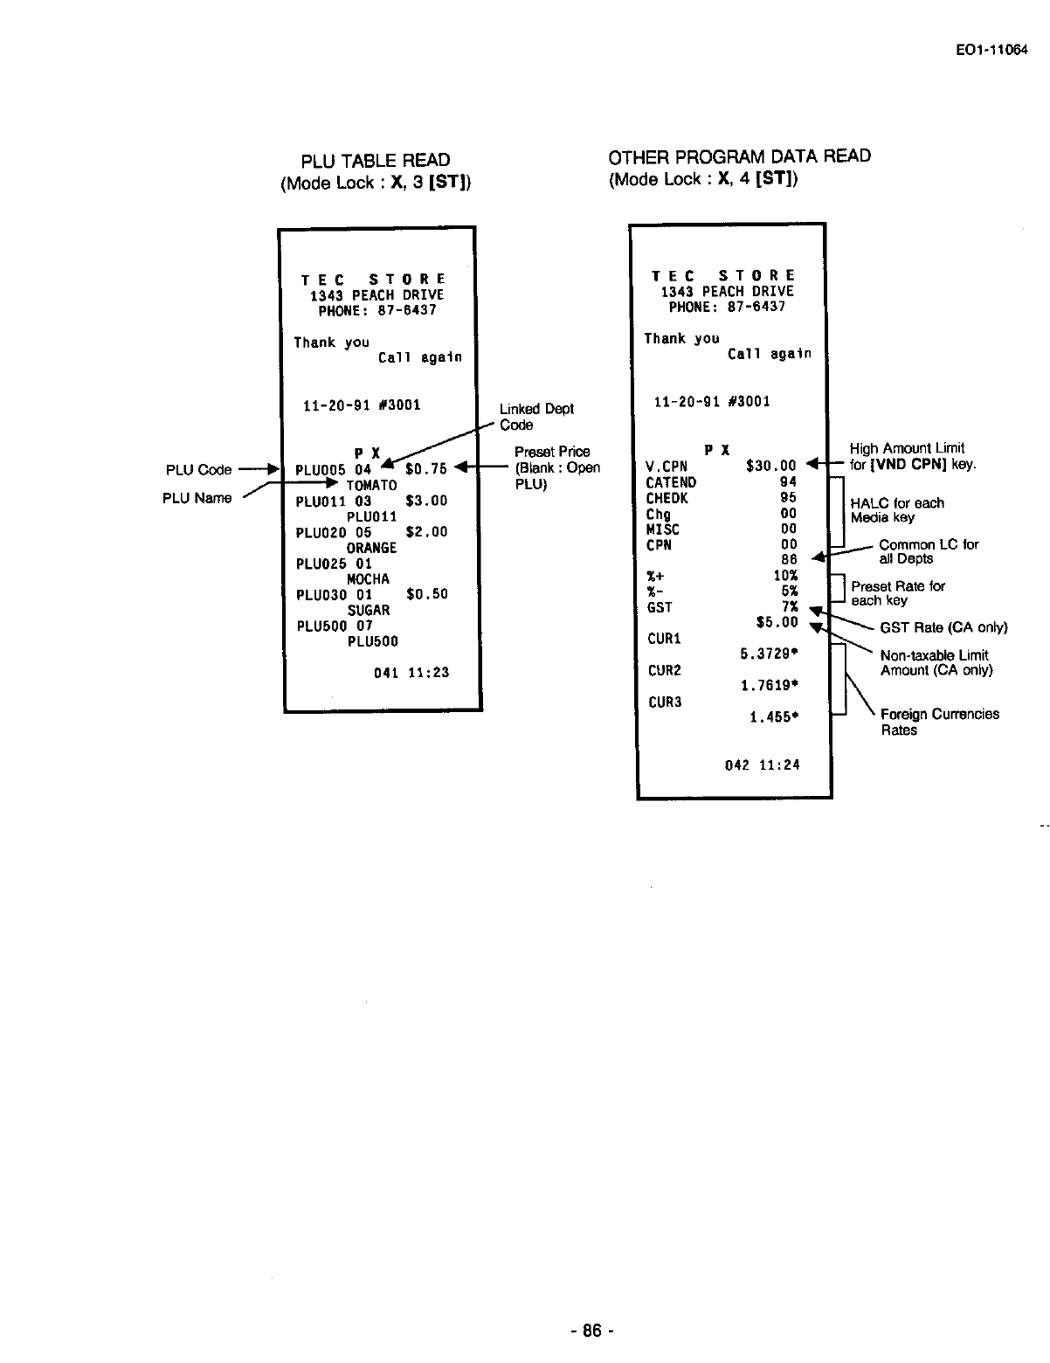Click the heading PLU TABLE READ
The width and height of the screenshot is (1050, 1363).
(x=376, y=161)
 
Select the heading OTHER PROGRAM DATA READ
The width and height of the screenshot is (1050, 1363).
(x=739, y=156)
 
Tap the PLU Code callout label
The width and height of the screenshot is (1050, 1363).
(x=198, y=470)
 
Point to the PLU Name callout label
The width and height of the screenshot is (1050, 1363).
(x=197, y=498)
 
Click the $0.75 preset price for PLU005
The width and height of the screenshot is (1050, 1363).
(x=425, y=469)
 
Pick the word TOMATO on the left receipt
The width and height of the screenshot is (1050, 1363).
(x=371, y=485)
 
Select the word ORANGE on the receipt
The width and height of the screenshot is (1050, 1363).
(x=371, y=548)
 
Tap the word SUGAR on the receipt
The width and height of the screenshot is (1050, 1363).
(x=368, y=610)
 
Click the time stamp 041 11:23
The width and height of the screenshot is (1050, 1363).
(x=411, y=673)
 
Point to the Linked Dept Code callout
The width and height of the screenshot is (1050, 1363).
(x=535, y=417)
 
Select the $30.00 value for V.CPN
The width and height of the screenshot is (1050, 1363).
(x=770, y=467)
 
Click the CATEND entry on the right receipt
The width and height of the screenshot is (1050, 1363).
(x=671, y=482)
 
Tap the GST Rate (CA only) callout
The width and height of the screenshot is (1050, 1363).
(x=943, y=628)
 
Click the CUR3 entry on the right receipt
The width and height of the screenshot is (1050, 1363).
(x=664, y=702)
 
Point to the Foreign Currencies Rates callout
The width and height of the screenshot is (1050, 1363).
(x=939, y=722)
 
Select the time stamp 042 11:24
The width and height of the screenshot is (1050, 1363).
(x=762, y=765)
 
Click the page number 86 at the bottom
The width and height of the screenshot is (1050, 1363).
(x=592, y=1332)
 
